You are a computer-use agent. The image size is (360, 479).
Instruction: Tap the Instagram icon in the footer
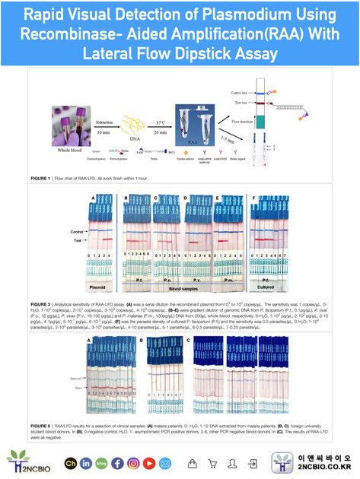coord(132,463)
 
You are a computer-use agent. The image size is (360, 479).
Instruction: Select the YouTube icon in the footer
coord(148,463)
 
